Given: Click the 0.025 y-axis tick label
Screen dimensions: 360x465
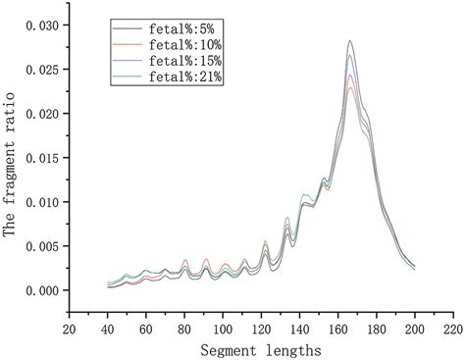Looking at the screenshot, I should [x=41, y=69].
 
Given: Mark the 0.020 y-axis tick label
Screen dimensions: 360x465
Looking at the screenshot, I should [x=41, y=113].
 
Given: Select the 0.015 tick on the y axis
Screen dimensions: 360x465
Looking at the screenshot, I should [x=41, y=157].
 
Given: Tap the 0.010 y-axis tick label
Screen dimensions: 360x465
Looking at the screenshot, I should [x=41, y=201].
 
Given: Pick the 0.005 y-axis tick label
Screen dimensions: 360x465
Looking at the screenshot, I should [x=41, y=246].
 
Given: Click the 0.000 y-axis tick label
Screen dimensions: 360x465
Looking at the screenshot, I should [x=41, y=290].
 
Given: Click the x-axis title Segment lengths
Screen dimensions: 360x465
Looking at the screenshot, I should [x=261, y=348].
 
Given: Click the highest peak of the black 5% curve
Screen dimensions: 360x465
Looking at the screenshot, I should [x=350, y=41].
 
